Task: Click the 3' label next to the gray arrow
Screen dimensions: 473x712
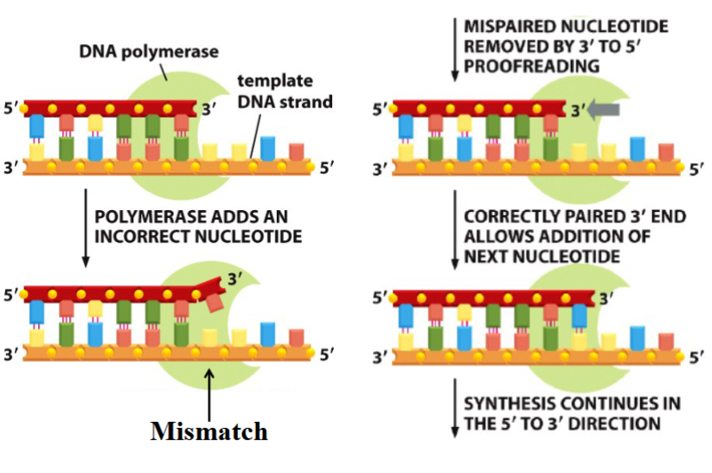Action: pos(579,110)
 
